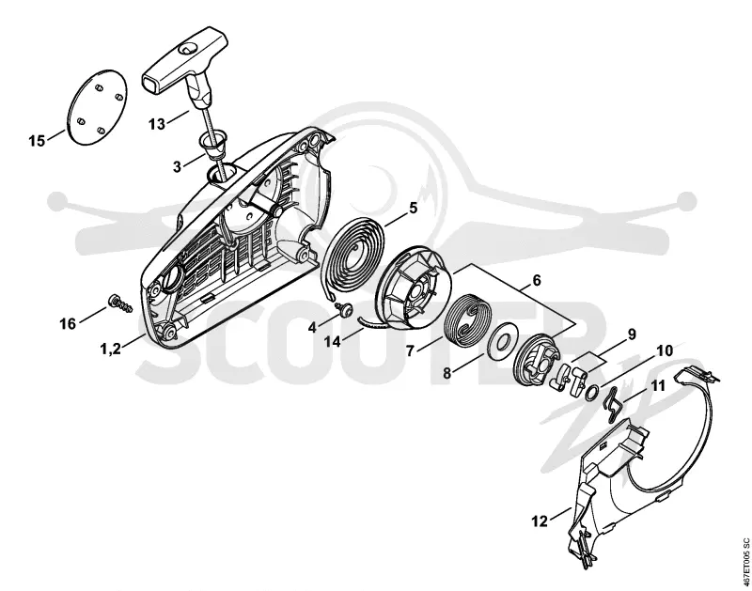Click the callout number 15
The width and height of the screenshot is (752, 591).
[37, 141]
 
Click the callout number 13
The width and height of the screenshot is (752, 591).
[157, 124]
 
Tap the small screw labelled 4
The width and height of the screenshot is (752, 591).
[344, 310]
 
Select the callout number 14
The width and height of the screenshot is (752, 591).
[332, 341]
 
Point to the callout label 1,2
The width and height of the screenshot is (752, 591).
[110, 349]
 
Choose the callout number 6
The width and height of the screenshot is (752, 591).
[536, 280]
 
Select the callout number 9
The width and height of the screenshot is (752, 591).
[632, 334]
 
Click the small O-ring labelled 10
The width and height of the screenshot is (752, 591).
[591, 393]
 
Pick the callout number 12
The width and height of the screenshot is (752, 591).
[540, 521]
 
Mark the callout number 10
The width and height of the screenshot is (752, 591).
[665, 350]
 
